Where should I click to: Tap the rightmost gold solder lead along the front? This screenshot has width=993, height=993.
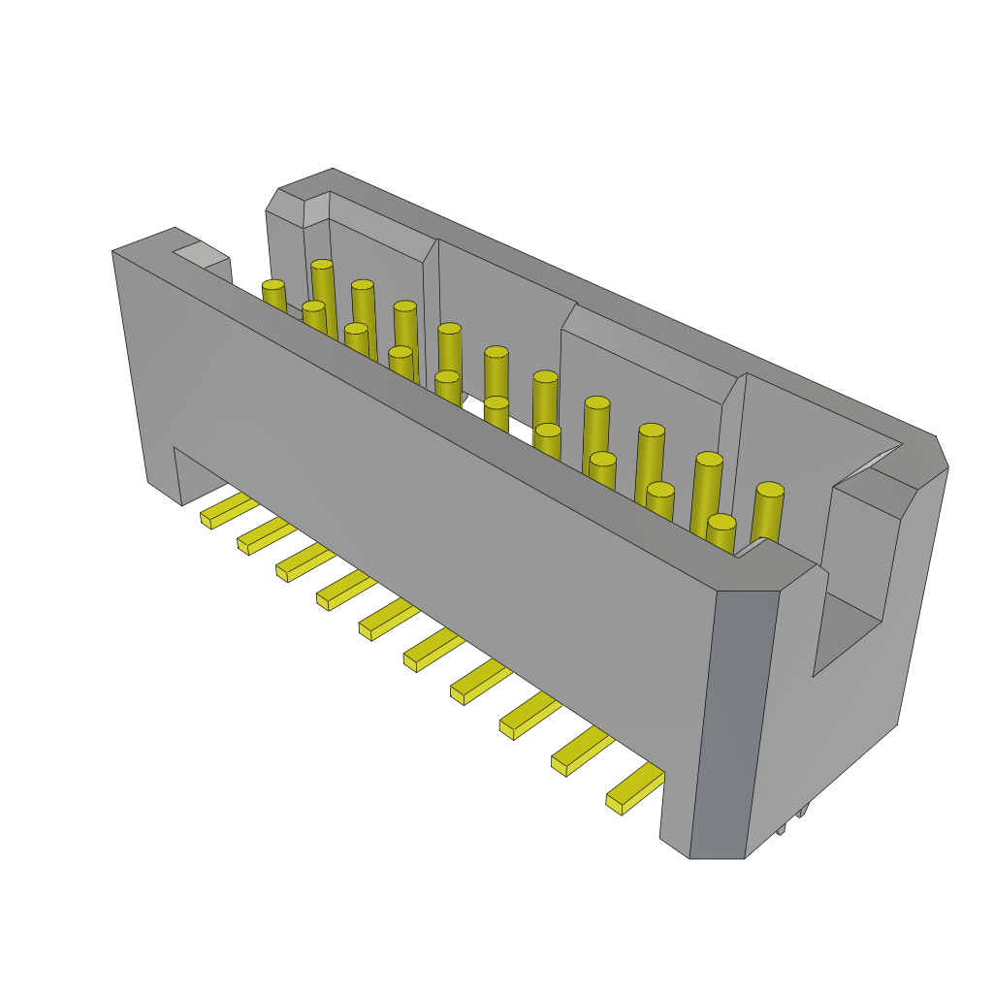[x=635, y=785]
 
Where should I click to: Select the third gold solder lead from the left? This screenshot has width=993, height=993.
[x=304, y=561]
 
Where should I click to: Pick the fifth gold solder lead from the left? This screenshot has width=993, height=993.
[x=388, y=618]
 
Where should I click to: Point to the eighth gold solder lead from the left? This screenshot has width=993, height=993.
[x=529, y=714]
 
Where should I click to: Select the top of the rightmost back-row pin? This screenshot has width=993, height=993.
[x=770, y=490]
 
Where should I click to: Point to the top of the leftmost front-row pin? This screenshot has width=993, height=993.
[x=273, y=285]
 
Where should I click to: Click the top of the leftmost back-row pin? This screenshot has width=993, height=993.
[x=322, y=264]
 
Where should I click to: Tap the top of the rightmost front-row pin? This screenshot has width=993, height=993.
[x=721, y=522]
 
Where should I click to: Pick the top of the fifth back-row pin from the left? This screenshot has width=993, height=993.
[x=496, y=352]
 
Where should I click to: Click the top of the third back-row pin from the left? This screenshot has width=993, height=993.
[x=405, y=306]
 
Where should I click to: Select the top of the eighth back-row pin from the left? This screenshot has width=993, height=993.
[x=652, y=430]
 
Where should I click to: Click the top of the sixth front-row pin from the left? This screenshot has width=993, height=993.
[x=496, y=401]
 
